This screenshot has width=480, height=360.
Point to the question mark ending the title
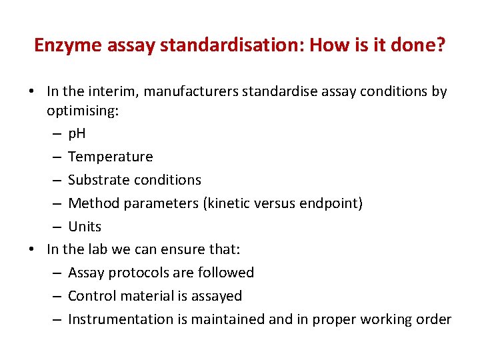tap(441, 45)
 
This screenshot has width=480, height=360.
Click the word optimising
tap(82, 111)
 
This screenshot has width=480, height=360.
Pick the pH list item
tap(77, 134)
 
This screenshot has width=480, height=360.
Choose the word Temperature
tap(110, 157)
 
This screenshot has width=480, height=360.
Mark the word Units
tap(85, 227)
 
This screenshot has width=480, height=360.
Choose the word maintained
tap(228, 319)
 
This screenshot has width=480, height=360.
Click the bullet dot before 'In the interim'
tap(32, 91)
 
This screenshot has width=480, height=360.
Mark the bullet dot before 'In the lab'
tap(32, 249)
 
